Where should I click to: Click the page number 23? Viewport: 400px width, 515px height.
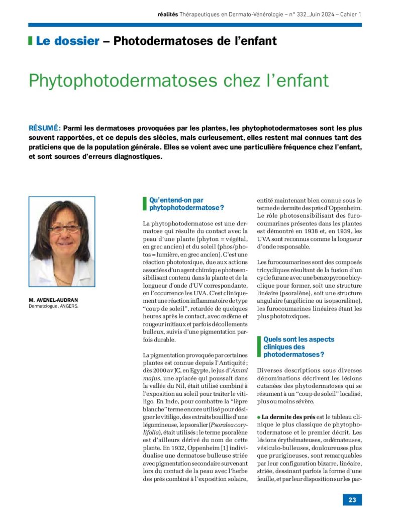pos(352,499)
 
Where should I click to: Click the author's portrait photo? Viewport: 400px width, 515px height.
pos(62,241)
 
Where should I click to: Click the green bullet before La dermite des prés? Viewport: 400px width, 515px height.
pos(258,417)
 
